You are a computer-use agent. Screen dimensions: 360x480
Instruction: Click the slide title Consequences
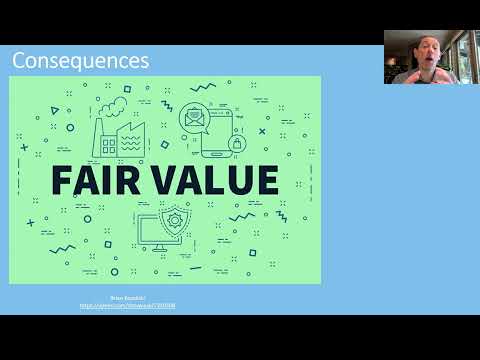click(81, 61)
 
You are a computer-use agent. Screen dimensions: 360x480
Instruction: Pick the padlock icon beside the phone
click(237, 143)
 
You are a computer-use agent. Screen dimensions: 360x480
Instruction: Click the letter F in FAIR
click(61, 180)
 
